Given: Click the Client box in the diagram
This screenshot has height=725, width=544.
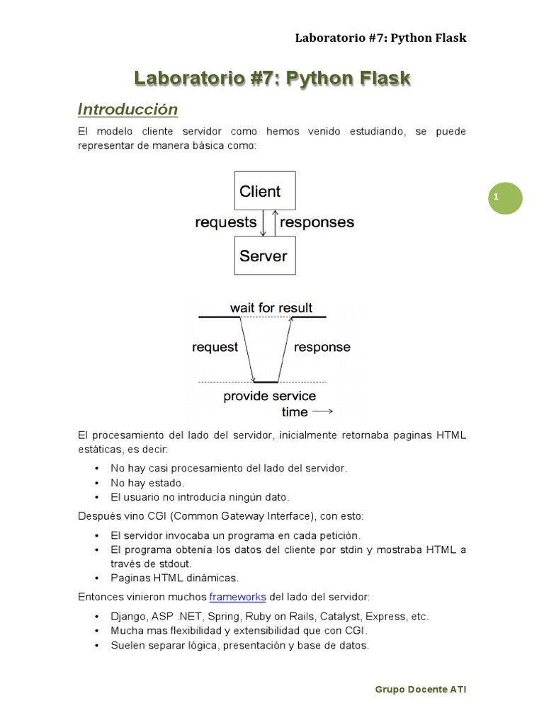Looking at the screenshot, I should (265, 191).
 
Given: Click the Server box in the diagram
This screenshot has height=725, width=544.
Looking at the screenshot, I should (265, 256).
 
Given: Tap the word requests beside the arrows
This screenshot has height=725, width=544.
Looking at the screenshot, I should (226, 222).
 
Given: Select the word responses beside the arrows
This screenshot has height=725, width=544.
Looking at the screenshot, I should (317, 222).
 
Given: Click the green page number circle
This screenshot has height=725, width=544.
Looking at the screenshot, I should (505, 198).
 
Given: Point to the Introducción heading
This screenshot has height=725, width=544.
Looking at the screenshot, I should (127, 110).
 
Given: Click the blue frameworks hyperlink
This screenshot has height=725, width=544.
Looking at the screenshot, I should (237, 597).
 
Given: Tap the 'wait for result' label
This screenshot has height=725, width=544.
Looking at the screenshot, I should (271, 308).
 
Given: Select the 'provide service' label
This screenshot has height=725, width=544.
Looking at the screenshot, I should (270, 396).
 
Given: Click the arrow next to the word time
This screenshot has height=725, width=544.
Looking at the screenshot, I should (322, 411).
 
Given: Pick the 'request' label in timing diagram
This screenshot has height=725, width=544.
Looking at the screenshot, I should (215, 347).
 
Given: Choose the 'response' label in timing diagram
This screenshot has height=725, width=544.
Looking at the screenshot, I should (322, 347).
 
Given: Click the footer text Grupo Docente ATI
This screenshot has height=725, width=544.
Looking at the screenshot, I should (421, 689).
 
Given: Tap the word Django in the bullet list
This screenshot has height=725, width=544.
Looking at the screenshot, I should (128, 616).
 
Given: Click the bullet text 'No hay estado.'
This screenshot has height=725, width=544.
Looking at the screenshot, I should (147, 482).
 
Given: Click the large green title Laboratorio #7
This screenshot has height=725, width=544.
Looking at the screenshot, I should (273, 78).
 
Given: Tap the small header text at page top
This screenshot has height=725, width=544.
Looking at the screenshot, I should (380, 38).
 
